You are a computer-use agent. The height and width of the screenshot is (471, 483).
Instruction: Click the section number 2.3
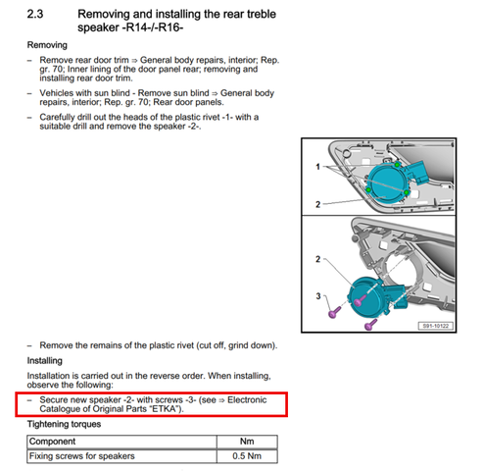(35, 14)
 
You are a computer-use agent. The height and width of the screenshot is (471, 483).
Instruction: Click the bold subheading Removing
(47, 45)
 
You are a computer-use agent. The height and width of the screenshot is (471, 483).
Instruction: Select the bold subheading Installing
(45, 361)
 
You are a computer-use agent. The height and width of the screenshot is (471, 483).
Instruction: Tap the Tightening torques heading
(64, 424)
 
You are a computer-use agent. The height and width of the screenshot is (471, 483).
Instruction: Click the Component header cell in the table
(121, 442)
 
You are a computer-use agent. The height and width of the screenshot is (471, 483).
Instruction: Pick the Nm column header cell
(247, 442)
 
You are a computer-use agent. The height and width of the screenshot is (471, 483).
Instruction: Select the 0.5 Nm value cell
(247, 456)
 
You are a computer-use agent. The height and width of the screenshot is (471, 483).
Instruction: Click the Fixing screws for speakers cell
(121, 456)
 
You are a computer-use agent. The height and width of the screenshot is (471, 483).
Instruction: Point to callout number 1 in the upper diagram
(317, 167)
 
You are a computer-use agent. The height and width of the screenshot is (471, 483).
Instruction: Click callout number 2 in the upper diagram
(317, 204)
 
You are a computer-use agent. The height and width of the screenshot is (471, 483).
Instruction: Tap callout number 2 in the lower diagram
(317, 259)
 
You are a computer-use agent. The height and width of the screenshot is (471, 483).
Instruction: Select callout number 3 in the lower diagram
(318, 296)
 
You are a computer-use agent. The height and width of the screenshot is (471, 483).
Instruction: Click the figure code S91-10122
(436, 326)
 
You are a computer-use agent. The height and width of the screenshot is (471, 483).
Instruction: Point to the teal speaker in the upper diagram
(385, 183)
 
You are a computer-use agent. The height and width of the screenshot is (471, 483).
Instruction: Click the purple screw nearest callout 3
(334, 312)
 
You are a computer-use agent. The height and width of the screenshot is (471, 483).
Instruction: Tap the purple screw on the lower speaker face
(361, 300)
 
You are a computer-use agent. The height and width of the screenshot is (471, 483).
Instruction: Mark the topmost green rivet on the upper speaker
(397, 165)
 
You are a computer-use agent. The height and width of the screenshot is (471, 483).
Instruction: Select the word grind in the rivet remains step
(239, 345)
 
